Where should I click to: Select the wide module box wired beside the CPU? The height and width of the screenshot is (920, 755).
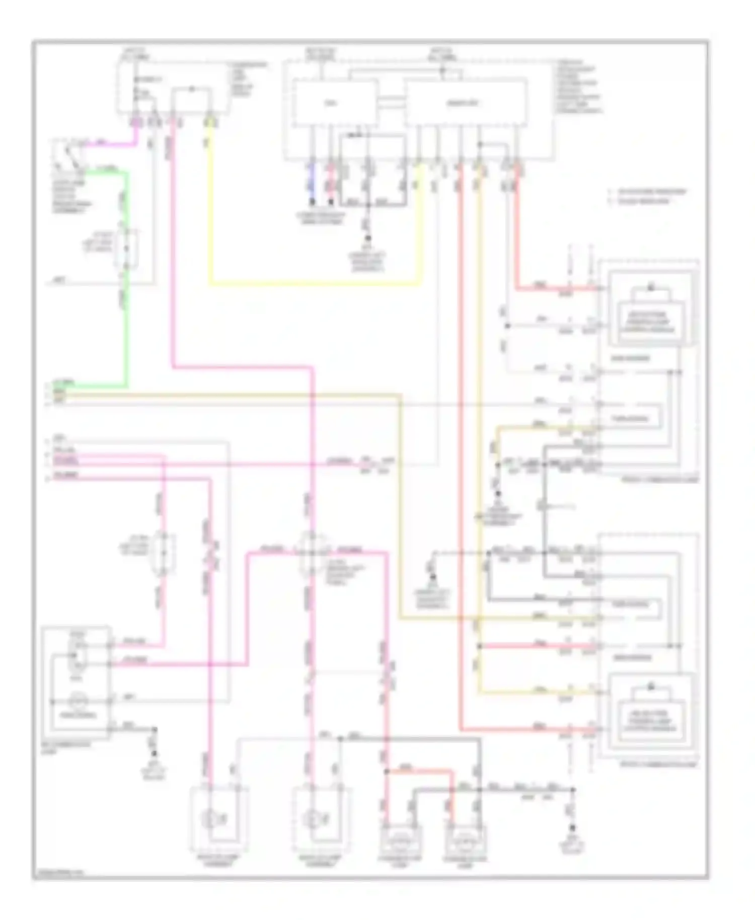pyautogui.click(x=465, y=103)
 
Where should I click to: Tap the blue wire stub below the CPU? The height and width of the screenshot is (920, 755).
pyautogui.click(x=312, y=184)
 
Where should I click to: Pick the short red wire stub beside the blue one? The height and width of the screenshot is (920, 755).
pyautogui.click(x=331, y=184)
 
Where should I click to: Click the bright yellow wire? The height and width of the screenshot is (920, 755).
pyautogui.click(x=312, y=284)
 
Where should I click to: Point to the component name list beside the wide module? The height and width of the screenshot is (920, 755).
pyautogui.click(x=579, y=87)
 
